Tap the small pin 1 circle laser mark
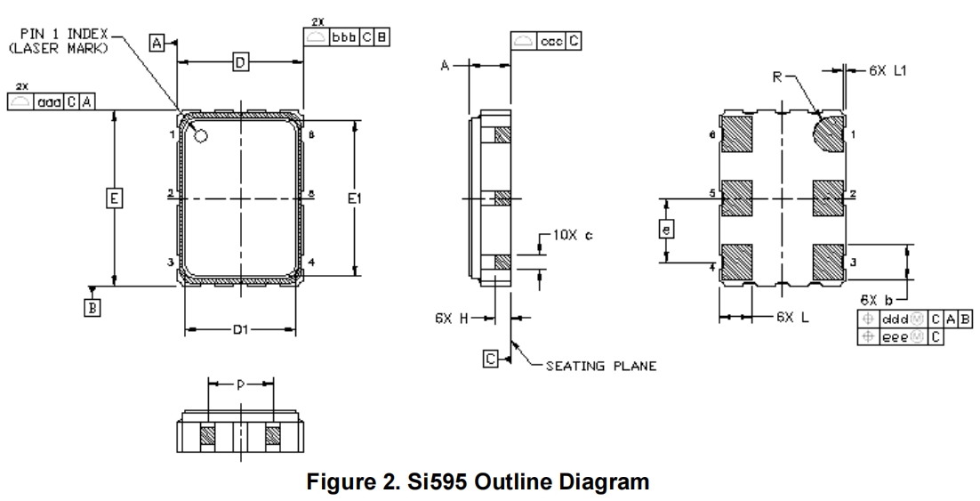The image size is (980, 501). pyautogui.click(x=200, y=135)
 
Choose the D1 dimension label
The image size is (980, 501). pyautogui.click(x=239, y=330)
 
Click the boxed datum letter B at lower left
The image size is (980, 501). pyautogui.click(x=92, y=307)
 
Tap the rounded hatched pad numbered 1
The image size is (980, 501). pyautogui.click(x=829, y=135)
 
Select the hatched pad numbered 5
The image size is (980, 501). pyautogui.click(x=736, y=198)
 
